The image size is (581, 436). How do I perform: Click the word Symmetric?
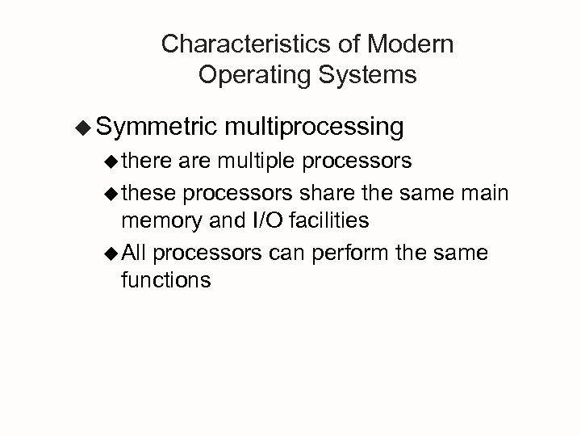pyautogui.click(x=156, y=126)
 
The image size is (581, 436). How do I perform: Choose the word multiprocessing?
pyautogui.click(x=315, y=126)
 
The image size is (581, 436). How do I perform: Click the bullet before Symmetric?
pyautogui.click(x=83, y=127)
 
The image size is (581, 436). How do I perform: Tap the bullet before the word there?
pyautogui.click(x=112, y=161)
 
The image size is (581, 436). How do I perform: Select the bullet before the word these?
pyautogui.click(x=112, y=194)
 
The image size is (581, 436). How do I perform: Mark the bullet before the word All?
pyautogui.click(x=112, y=254)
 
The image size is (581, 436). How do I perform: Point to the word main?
pyautogui.click(x=486, y=193)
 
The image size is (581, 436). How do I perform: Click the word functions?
pyautogui.click(x=166, y=280)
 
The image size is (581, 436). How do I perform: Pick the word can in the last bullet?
pyautogui.click(x=286, y=254)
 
